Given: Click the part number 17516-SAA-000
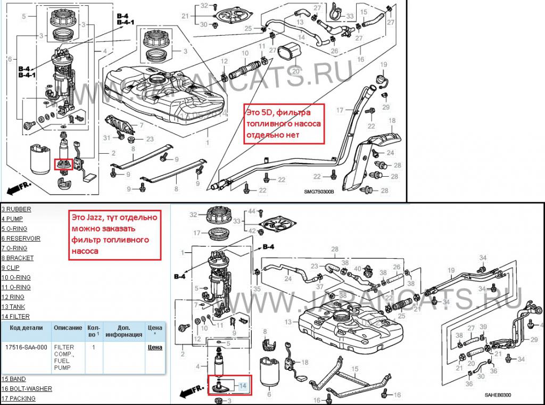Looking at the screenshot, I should click(26, 347).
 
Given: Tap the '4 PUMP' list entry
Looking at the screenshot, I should click(13, 219).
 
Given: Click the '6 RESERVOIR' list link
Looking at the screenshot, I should click(21, 238).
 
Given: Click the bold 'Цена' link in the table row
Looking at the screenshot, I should click(155, 348).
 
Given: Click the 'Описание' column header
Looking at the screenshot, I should click(68, 328).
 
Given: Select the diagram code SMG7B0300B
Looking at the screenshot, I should click(319, 193).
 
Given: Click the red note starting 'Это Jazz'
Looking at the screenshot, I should click(115, 234).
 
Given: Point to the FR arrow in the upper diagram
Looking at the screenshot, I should click(19, 188).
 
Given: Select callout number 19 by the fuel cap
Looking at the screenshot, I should click(382, 65).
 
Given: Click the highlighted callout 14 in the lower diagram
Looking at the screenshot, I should click(243, 385).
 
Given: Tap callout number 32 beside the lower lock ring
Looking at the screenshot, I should click(194, 215).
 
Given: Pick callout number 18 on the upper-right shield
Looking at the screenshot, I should click(392, 121).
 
